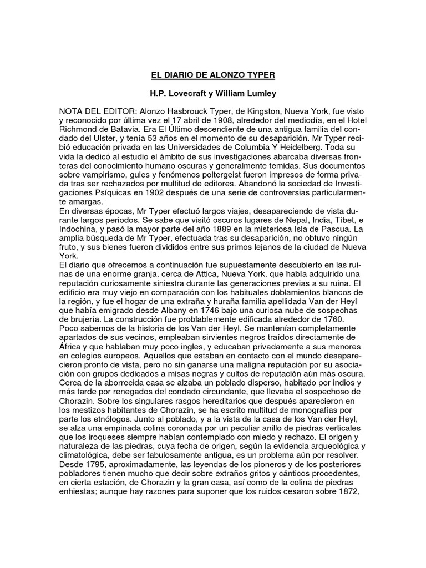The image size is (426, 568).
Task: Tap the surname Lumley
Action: (260, 94)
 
